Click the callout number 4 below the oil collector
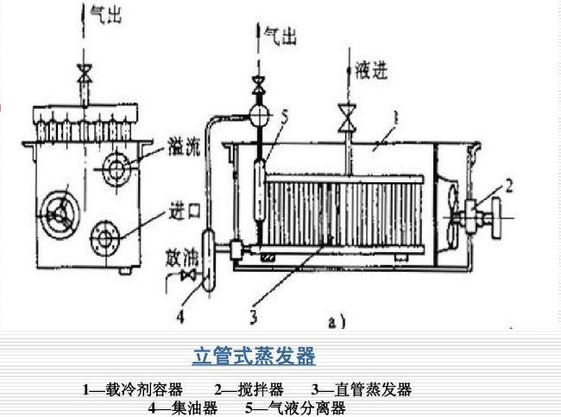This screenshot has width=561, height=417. click(180, 316)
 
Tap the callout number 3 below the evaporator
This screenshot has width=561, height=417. click(253, 317)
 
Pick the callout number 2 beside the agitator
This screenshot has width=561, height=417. click(509, 183)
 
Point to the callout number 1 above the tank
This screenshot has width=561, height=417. click(395, 113)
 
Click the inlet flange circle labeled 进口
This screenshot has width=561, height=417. click(105, 234)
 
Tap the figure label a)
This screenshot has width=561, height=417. click(337, 322)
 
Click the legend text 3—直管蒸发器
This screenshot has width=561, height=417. click(362, 389)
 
